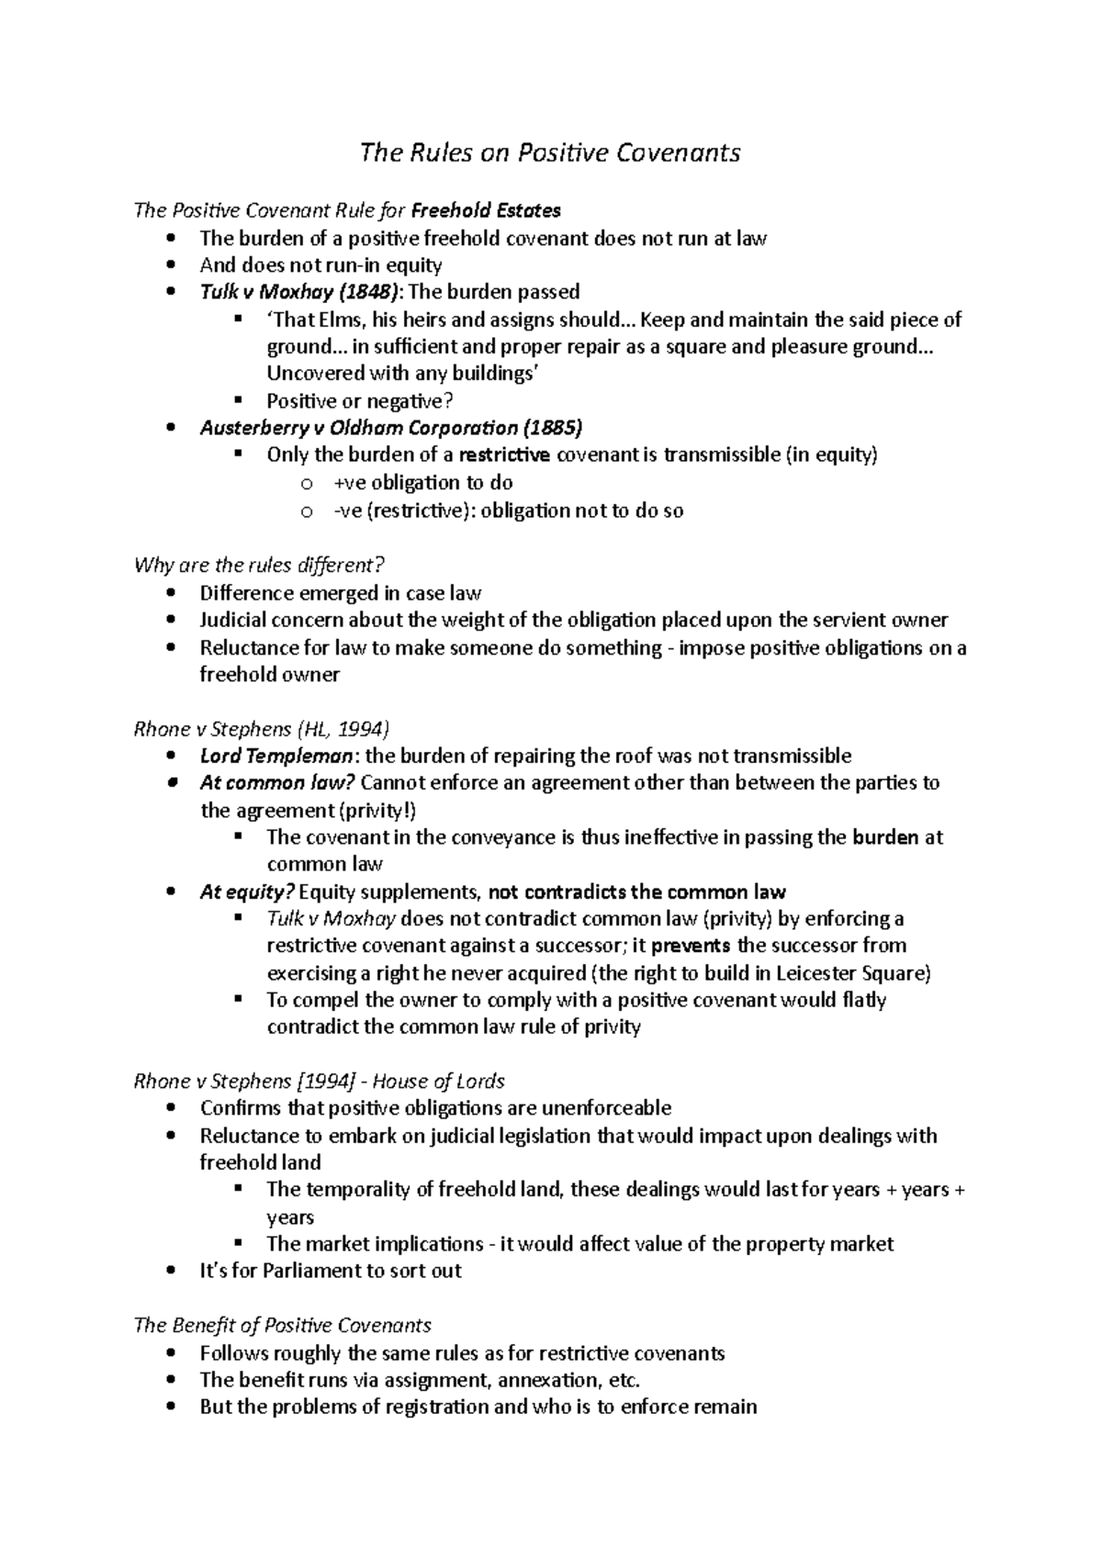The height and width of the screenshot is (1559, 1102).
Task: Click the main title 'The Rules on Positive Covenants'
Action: [x=550, y=152]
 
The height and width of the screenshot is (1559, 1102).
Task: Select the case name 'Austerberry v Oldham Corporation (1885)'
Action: [x=391, y=428]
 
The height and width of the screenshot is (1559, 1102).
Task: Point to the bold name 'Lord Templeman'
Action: [x=275, y=756]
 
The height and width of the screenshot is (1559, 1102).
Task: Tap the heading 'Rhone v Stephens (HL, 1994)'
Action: [x=262, y=729]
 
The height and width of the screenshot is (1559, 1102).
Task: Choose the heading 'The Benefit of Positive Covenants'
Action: [x=283, y=1325]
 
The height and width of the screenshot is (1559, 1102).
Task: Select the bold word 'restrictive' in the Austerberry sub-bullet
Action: [x=504, y=455]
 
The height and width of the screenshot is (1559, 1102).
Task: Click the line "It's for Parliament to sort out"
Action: [x=331, y=1271]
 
